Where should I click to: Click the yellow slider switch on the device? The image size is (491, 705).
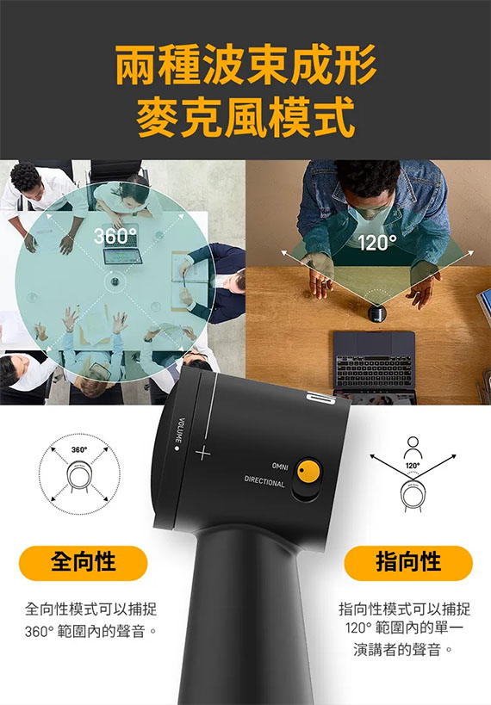coord(308,472)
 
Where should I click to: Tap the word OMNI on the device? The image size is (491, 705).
coord(279,467)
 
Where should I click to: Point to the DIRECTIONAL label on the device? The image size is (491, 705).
coord(264,481)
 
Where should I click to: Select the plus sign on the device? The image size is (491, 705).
coord(202,453)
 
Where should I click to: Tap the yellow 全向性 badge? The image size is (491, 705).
coord(84,563)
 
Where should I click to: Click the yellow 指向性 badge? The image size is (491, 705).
coord(408,563)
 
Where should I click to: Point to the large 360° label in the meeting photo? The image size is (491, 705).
coord(115,236)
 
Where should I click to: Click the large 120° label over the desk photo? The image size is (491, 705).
coord(377,243)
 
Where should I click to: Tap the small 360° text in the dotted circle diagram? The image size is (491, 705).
coord(79,449)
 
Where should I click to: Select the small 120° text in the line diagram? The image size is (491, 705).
coord(413,466)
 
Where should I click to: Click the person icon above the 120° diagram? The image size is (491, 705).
coord(413,448)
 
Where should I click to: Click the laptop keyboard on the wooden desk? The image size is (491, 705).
coord(375,368)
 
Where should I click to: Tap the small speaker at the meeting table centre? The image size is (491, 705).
coord(115,281)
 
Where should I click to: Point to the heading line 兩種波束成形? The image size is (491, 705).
coord(245,65)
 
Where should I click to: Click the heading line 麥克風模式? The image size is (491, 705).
coord(245,117)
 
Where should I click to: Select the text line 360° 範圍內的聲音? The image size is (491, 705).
coord(91,631)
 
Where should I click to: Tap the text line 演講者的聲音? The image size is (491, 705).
coord(403,649)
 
